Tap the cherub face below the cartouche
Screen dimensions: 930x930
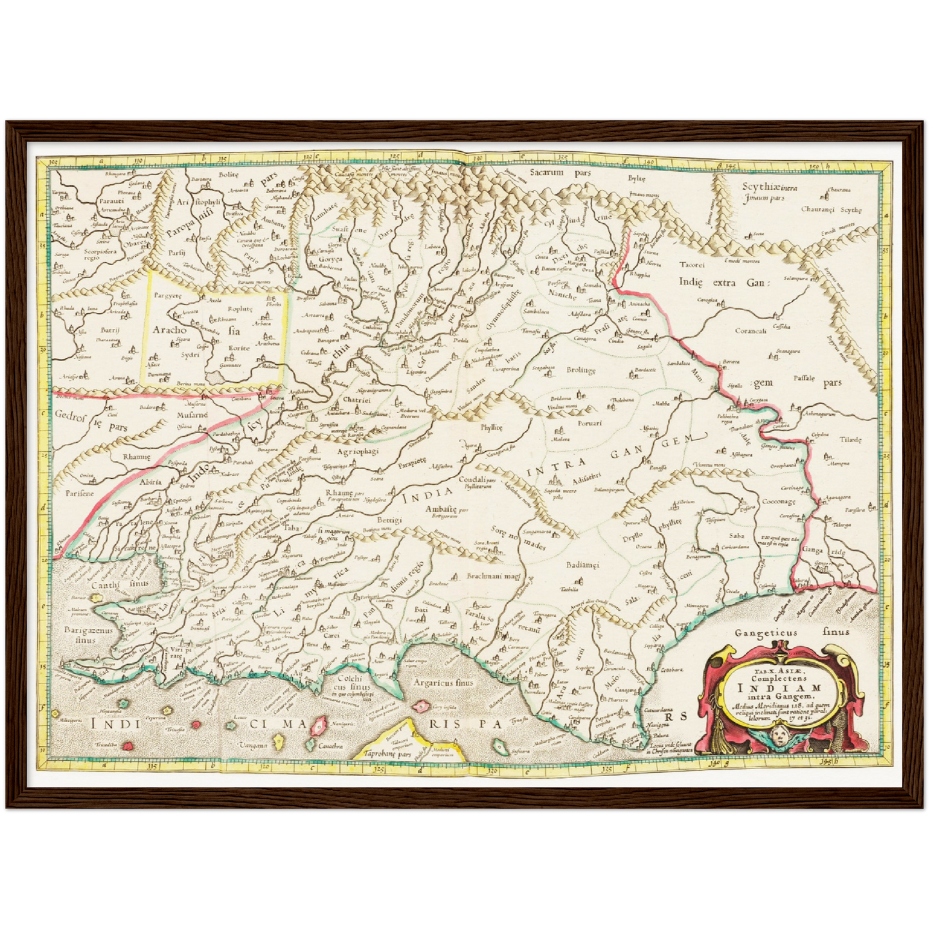[781, 734]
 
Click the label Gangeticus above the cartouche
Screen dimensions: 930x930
[766, 632]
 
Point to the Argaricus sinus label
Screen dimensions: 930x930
[444, 683]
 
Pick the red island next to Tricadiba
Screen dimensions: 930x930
[128, 745]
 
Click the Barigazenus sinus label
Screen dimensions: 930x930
[88, 635]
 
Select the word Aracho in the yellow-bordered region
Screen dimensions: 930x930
[169, 330]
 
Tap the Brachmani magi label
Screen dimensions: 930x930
[493, 577]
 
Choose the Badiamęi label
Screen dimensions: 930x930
[582, 564]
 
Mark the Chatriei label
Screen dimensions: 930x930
[356, 400]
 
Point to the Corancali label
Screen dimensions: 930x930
[750, 331]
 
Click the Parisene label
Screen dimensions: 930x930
[79, 493]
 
